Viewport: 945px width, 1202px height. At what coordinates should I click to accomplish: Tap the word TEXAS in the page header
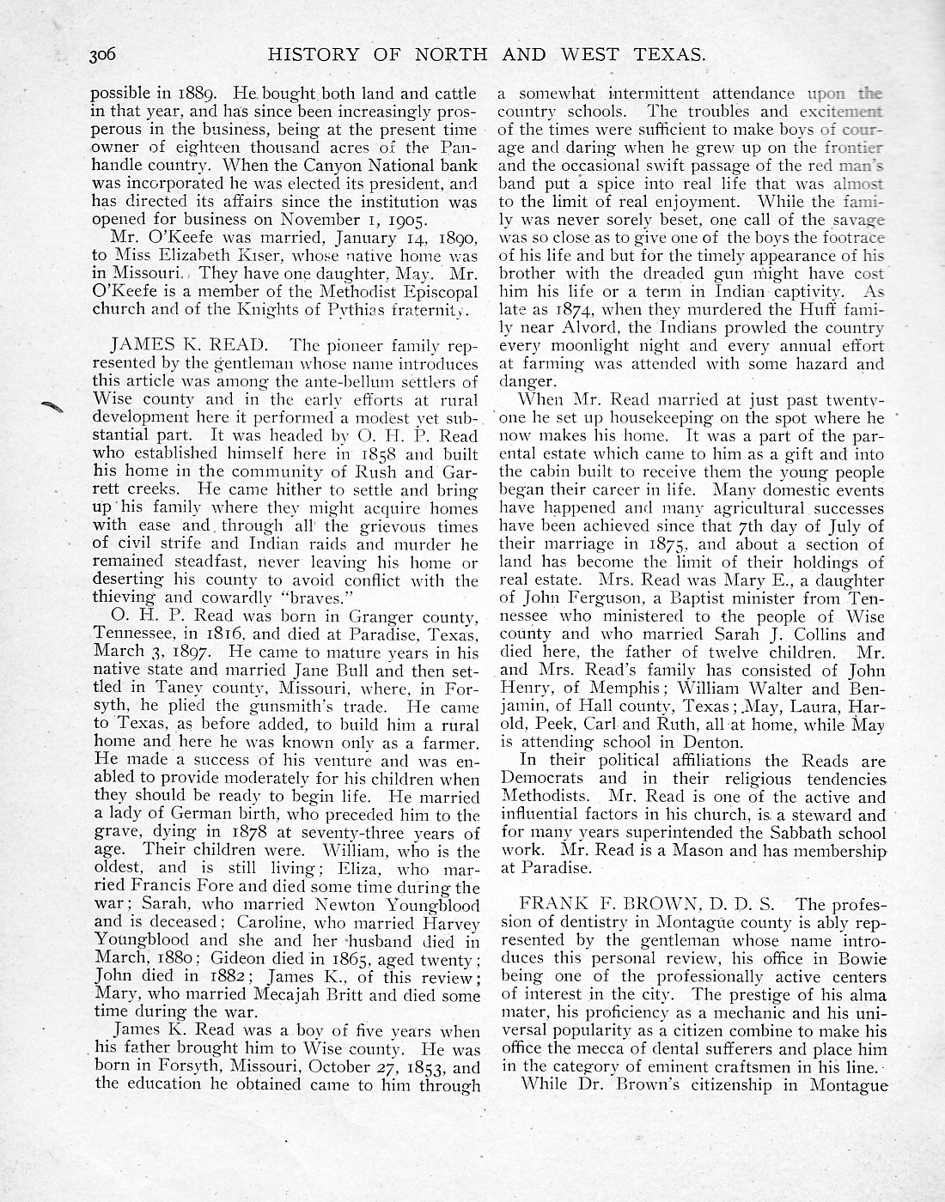coord(666,56)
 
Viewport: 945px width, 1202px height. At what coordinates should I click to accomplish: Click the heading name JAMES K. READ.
coord(184,346)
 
